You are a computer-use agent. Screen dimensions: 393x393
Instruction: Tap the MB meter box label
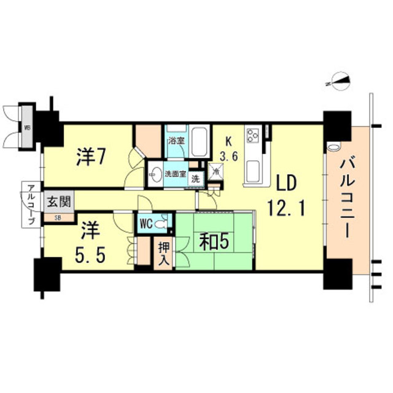[x=27, y=128]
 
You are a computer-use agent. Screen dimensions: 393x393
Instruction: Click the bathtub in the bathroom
[x=198, y=142]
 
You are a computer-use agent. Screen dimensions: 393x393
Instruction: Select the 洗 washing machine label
[x=195, y=179]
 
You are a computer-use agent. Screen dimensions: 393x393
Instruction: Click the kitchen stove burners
[x=254, y=134]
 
